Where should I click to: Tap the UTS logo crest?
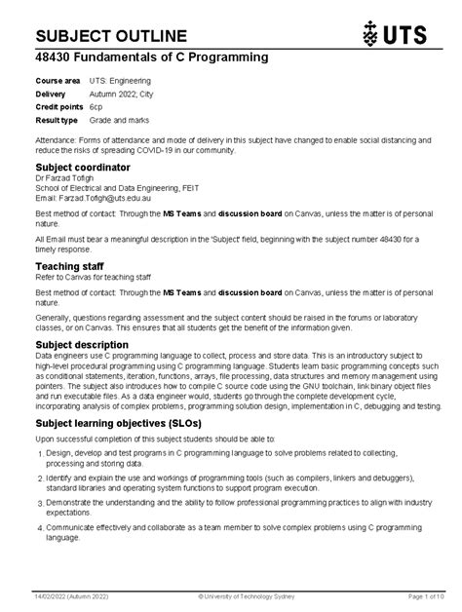point(369,35)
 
